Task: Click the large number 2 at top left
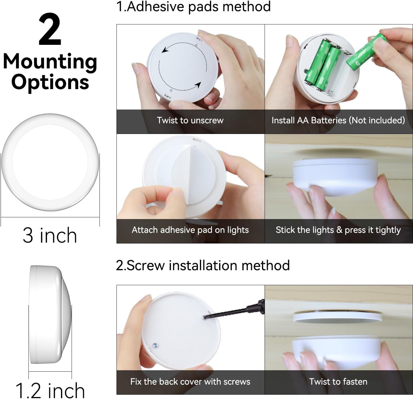pyautogui.click(x=50, y=30)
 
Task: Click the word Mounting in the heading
pyautogui.click(x=50, y=62)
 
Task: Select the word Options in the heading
pyautogui.click(x=50, y=83)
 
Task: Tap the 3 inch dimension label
pyautogui.click(x=50, y=235)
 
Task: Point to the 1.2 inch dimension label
pyautogui.click(x=50, y=390)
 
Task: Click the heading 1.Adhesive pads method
pyautogui.click(x=193, y=6)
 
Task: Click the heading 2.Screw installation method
pyautogui.click(x=203, y=265)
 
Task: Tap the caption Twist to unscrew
pyautogui.click(x=190, y=120)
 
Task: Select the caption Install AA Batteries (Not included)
pyautogui.click(x=338, y=120)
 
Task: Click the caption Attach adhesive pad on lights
pyautogui.click(x=190, y=230)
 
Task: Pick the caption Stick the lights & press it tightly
pyautogui.click(x=338, y=230)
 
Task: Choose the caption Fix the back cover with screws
pyautogui.click(x=190, y=381)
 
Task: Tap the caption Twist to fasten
pyautogui.click(x=338, y=381)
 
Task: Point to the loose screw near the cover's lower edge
pyautogui.click(x=155, y=345)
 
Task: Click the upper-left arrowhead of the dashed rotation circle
pyautogui.click(x=165, y=50)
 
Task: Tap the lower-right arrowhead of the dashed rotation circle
pyautogui.click(x=198, y=85)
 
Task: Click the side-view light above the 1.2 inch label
pyautogui.click(x=49, y=315)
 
